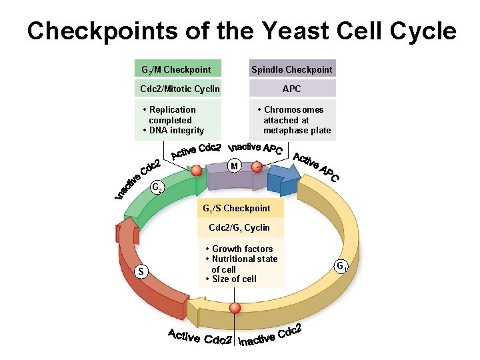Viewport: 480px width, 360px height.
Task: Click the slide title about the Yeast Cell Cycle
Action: point(241,31)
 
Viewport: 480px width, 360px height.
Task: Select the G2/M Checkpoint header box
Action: point(177,69)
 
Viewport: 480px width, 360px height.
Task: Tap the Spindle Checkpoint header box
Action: point(291,69)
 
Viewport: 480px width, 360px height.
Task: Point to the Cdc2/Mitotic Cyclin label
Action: point(179,89)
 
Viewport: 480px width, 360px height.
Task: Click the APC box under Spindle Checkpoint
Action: point(291,89)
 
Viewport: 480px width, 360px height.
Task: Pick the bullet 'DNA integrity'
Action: point(174,130)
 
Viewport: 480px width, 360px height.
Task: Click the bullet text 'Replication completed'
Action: point(172,115)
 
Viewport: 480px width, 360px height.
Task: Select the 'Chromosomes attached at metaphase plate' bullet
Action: point(295,120)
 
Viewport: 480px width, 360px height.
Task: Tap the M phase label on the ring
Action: point(234,165)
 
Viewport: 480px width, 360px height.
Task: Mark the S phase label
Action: point(140,271)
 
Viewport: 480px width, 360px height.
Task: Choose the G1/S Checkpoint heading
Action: point(237,209)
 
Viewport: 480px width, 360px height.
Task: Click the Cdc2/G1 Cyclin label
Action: point(239,228)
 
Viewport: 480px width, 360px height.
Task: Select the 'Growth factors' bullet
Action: point(241,249)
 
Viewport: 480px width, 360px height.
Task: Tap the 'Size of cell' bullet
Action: point(233,279)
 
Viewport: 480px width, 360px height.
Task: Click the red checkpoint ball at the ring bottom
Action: point(235,309)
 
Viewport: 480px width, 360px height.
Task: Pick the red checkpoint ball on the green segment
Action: point(195,171)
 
